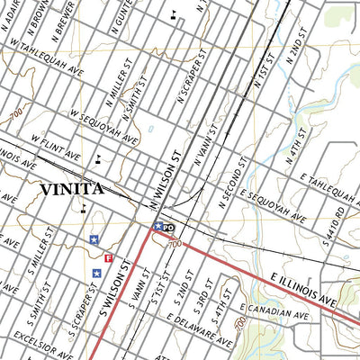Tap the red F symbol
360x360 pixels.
(109, 259)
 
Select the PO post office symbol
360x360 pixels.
(168, 228)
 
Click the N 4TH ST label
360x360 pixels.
(298, 144)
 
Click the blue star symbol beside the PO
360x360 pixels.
(158, 227)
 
